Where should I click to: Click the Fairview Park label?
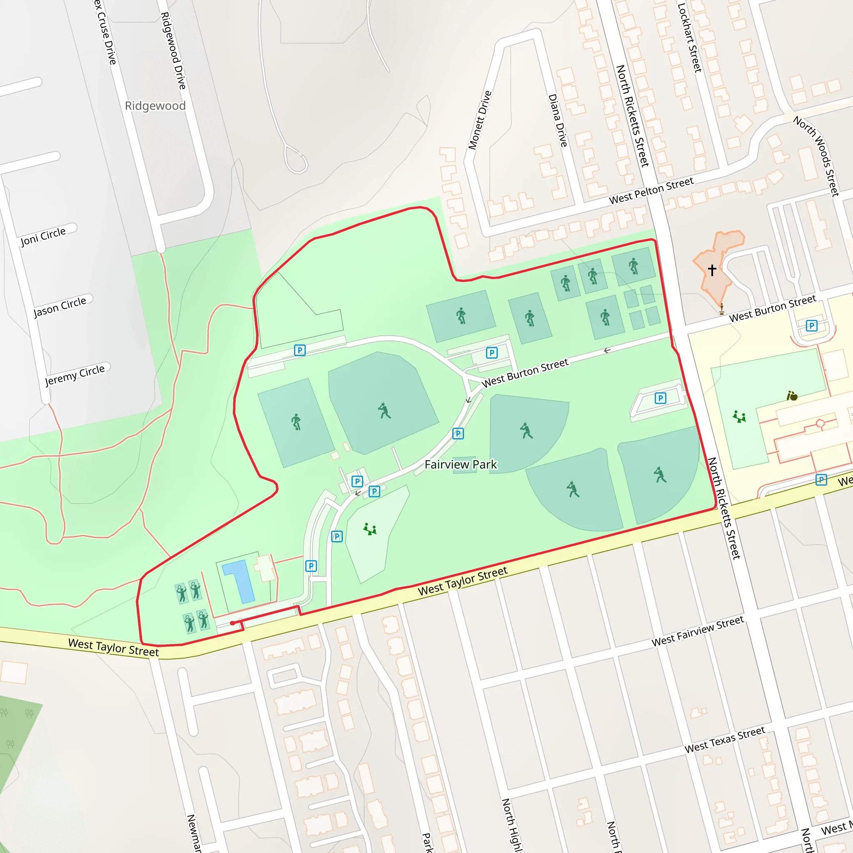(461, 464)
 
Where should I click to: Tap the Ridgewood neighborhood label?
(155, 106)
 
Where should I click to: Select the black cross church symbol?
(712, 269)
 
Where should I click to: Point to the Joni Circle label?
(43, 236)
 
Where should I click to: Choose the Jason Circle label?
(60, 307)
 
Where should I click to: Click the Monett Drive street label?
(480, 120)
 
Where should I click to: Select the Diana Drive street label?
(558, 120)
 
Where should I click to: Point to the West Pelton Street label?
(651, 191)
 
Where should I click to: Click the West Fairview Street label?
(698, 631)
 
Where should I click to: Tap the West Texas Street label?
(725, 740)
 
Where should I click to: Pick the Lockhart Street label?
(689, 37)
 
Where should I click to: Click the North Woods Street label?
(816, 155)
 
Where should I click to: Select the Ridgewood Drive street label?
(173, 51)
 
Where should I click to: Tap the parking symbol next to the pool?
(311, 566)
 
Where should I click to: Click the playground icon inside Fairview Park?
(369, 529)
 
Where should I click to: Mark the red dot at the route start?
(232, 623)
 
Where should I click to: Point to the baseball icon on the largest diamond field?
(384, 411)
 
